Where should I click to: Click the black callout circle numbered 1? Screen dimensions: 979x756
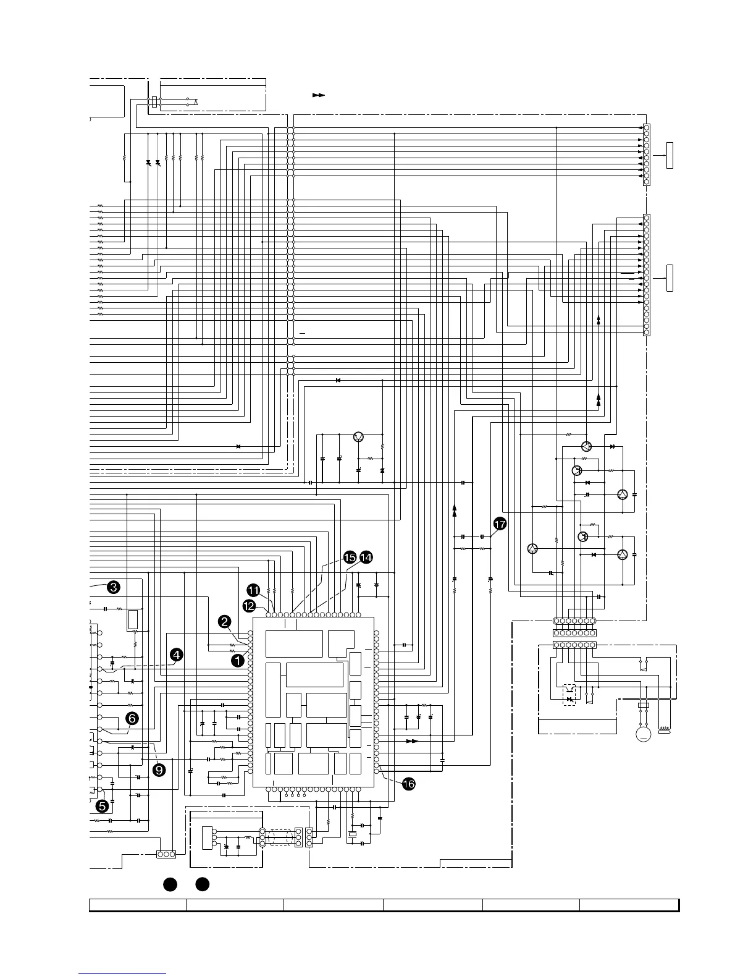[237, 660]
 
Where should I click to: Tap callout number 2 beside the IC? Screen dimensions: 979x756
[225, 622]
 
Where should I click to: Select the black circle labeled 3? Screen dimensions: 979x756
[113, 587]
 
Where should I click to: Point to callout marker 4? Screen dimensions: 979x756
[177, 655]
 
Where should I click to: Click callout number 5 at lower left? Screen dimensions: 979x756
[103, 806]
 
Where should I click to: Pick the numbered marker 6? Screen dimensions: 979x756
[132, 718]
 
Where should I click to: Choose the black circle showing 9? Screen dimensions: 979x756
[159, 769]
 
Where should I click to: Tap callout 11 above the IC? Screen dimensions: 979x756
[253, 590]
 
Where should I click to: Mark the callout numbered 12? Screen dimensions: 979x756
[249, 606]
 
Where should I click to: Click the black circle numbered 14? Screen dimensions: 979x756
[366, 557]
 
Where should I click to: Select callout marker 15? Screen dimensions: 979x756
[350, 557]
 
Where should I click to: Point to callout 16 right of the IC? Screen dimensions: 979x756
[408, 784]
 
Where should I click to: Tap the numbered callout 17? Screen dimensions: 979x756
[500, 524]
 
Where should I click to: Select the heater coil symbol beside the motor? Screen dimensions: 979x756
[665, 733]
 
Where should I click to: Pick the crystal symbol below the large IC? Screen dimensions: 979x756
[352, 835]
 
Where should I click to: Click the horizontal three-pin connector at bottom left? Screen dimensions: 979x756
[166, 854]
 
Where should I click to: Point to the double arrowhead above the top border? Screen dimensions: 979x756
[319, 96]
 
